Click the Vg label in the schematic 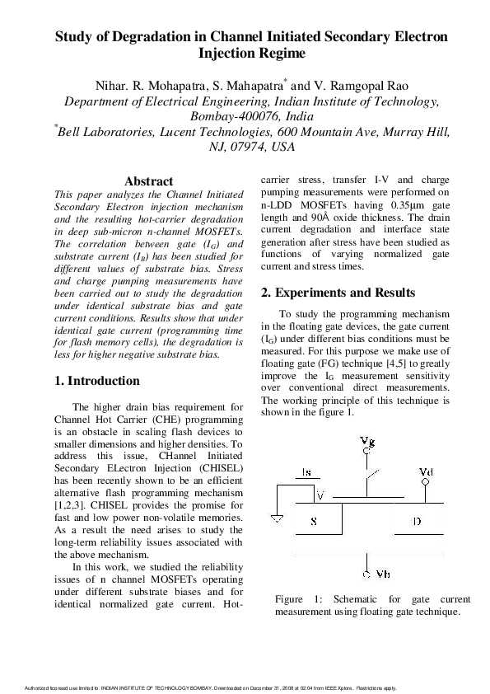(x=368, y=440)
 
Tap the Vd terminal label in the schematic (x=426, y=472)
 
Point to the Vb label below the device (x=371, y=574)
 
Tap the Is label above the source (x=306, y=472)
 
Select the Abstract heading (x=148, y=181)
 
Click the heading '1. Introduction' (x=97, y=381)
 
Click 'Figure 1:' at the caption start (x=300, y=599)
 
